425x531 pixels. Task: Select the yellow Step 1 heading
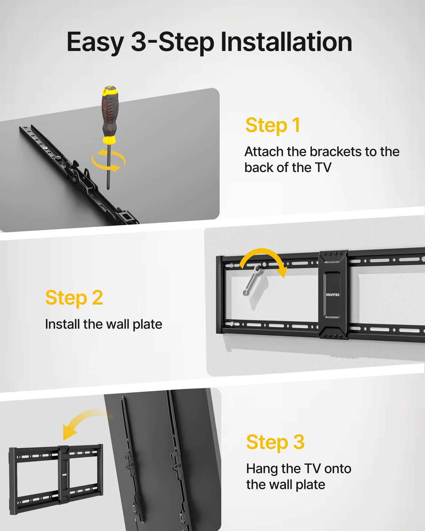pyautogui.click(x=273, y=125)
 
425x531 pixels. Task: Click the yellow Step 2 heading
pyautogui.click(x=74, y=298)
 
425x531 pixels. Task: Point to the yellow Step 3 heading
pyautogui.click(x=275, y=442)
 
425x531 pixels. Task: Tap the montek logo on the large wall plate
pyautogui.click(x=333, y=295)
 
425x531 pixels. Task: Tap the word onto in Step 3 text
pyautogui.click(x=338, y=469)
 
